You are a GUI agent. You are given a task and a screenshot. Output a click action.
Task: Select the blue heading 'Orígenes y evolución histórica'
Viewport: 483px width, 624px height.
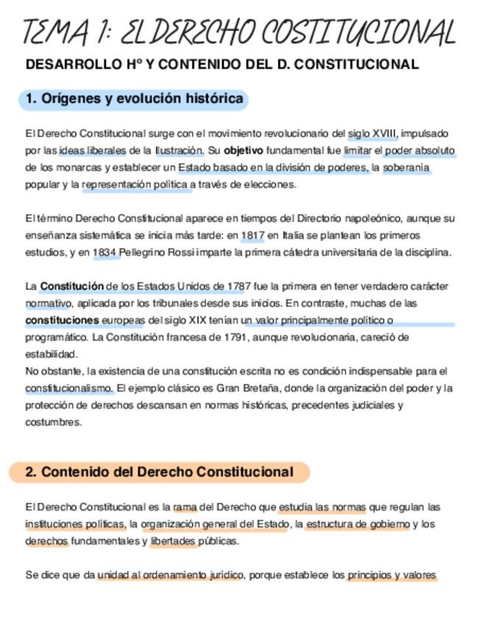(x=134, y=99)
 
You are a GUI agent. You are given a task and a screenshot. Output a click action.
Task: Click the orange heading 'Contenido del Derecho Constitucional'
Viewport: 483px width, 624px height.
(x=159, y=472)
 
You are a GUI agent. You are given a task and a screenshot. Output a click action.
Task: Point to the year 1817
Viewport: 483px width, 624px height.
(x=253, y=235)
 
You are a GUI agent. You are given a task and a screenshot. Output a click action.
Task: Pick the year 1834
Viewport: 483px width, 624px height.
(x=106, y=252)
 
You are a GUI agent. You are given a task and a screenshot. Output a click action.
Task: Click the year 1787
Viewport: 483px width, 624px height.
(x=233, y=286)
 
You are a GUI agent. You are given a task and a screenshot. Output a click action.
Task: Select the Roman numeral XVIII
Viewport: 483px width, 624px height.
(x=385, y=134)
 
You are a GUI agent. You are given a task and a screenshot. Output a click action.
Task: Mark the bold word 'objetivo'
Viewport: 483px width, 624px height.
(x=243, y=151)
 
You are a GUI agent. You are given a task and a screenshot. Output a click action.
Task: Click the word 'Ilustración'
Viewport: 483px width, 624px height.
(x=179, y=151)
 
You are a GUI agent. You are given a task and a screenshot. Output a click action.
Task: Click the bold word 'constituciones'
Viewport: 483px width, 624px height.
(x=62, y=320)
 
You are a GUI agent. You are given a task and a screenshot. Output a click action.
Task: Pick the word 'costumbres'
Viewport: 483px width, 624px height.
(x=53, y=422)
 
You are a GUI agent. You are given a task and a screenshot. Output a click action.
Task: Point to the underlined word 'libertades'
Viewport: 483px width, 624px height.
(x=174, y=541)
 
